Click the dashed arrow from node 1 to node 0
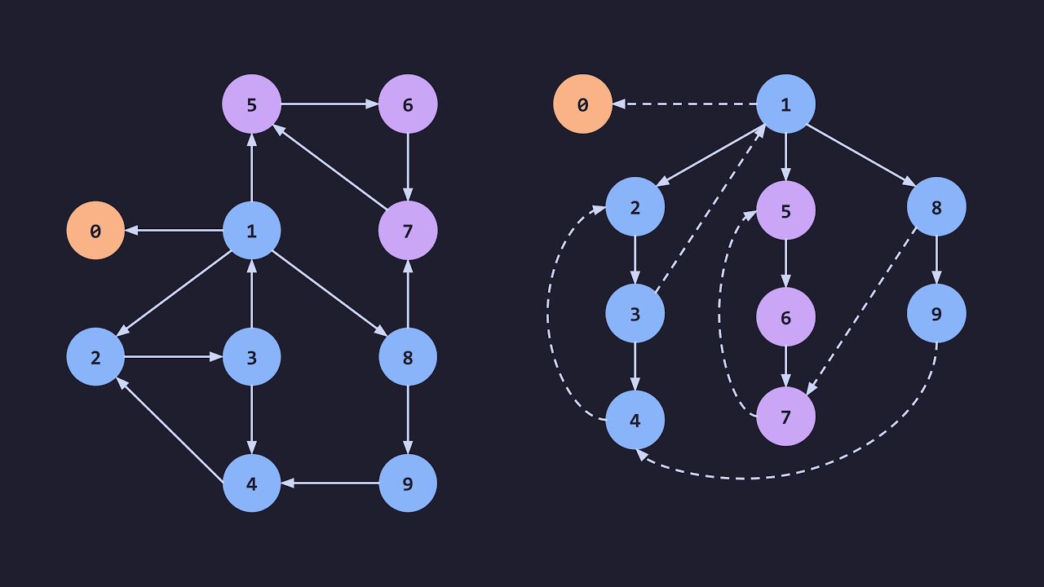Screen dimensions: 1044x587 [x=684, y=104]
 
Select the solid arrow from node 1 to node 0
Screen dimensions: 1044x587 [x=174, y=230]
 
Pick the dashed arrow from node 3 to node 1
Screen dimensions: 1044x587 [x=710, y=209]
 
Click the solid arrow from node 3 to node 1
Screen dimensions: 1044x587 [x=252, y=293]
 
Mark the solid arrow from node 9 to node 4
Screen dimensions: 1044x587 [x=330, y=483]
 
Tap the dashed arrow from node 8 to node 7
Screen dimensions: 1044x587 [x=861, y=311]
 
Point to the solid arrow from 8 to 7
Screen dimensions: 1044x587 [x=408, y=293]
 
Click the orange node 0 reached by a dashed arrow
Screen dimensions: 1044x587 [x=582, y=104]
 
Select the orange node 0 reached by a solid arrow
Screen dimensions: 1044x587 [x=95, y=230]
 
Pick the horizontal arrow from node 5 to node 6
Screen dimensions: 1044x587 [x=330, y=104]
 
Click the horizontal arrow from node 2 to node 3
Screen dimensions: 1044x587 [x=174, y=357]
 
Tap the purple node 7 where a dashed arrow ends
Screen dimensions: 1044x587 [x=785, y=417]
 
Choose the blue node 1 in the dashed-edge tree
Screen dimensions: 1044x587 [x=785, y=104]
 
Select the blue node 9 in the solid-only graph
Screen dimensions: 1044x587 [x=408, y=483]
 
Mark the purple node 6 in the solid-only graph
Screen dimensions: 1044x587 [x=408, y=104]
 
